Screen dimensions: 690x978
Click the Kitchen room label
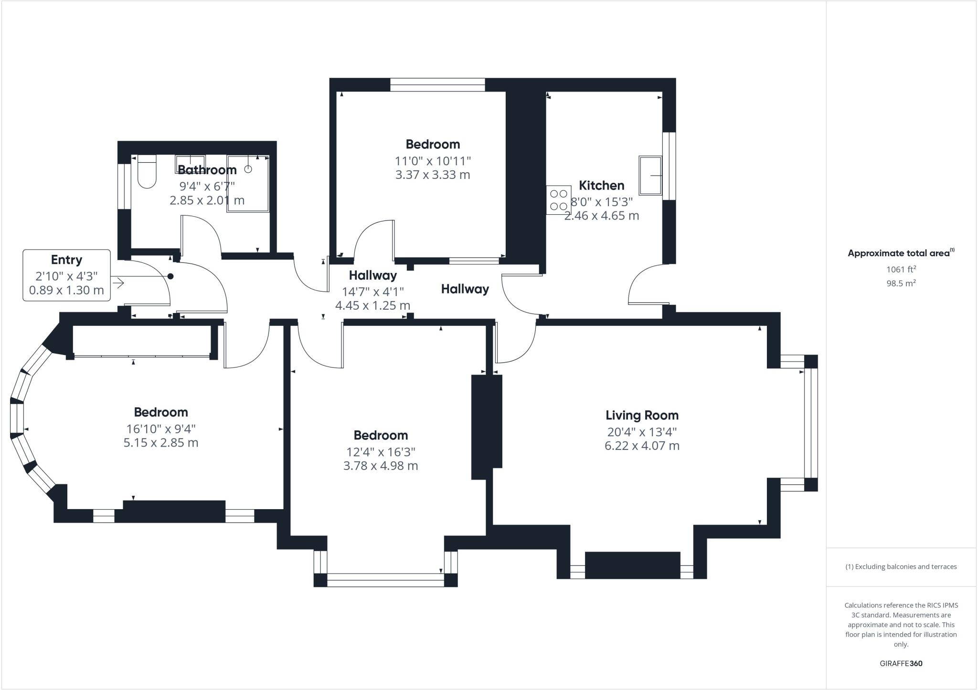click(x=601, y=186)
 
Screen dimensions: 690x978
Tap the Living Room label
click(x=642, y=415)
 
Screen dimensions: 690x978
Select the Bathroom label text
click(x=207, y=170)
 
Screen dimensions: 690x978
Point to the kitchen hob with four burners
click(x=559, y=200)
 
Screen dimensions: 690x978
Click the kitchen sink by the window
click(x=650, y=176)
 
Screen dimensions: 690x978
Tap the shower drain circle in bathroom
click(x=248, y=169)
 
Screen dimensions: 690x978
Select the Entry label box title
click(x=66, y=260)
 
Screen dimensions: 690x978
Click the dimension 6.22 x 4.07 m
click(x=642, y=446)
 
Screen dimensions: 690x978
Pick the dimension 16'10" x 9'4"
click(x=161, y=429)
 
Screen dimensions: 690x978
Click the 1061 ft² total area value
click(x=901, y=269)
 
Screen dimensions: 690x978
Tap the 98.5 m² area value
click(x=901, y=283)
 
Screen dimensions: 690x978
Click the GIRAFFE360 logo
click(x=901, y=663)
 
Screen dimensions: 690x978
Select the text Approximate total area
click(x=899, y=253)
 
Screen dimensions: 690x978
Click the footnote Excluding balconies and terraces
click(x=901, y=567)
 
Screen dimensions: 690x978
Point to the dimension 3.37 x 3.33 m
click(x=433, y=175)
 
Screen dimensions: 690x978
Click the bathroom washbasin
click(x=190, y=160)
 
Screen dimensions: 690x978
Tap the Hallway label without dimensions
click(x=465, y=289)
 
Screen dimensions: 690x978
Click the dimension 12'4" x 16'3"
click(x=381, y=451)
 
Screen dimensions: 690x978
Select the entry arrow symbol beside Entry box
click(x=118, y=283)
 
